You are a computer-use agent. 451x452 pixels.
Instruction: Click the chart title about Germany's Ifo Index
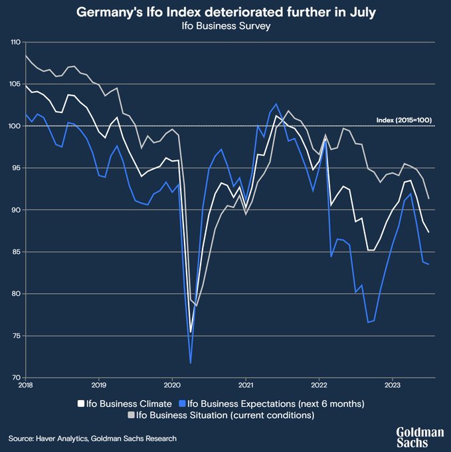(225, 12)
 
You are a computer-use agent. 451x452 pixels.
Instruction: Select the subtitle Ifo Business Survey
(225, 27)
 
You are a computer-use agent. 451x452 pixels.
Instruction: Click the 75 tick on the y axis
(16, 336)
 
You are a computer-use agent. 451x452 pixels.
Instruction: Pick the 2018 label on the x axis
(25, 384)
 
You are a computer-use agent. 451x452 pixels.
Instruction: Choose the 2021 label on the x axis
(246, 384)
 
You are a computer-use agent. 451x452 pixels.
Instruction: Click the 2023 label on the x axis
(393, 384)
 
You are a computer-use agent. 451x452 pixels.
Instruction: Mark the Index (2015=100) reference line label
(404, 120)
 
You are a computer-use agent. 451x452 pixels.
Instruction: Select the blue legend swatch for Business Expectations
(182, 403)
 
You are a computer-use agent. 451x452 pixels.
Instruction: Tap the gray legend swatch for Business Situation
(130, 415)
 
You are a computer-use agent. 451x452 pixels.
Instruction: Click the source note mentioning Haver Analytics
(93, 438)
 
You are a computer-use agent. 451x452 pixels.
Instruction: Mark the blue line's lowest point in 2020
(191, 363)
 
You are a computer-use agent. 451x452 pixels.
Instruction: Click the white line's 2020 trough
(191, 332)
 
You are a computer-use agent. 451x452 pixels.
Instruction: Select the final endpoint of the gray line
(428, 198)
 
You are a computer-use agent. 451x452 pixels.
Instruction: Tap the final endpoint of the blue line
(428, 265)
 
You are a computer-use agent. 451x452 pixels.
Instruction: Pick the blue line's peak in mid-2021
(276, 104)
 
